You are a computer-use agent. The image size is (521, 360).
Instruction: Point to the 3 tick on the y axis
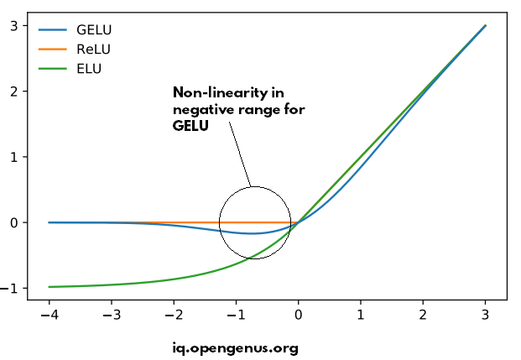coord(13,26)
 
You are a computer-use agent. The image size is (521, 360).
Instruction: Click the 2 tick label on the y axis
coord(13,91)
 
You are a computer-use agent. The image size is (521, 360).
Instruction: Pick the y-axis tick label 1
coord(13,157)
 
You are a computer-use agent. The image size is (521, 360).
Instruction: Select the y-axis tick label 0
coord(13,222)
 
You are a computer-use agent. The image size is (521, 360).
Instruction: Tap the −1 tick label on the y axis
coord(10,288)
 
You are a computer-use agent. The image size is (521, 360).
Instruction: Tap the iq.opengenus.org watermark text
coord(234,347)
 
